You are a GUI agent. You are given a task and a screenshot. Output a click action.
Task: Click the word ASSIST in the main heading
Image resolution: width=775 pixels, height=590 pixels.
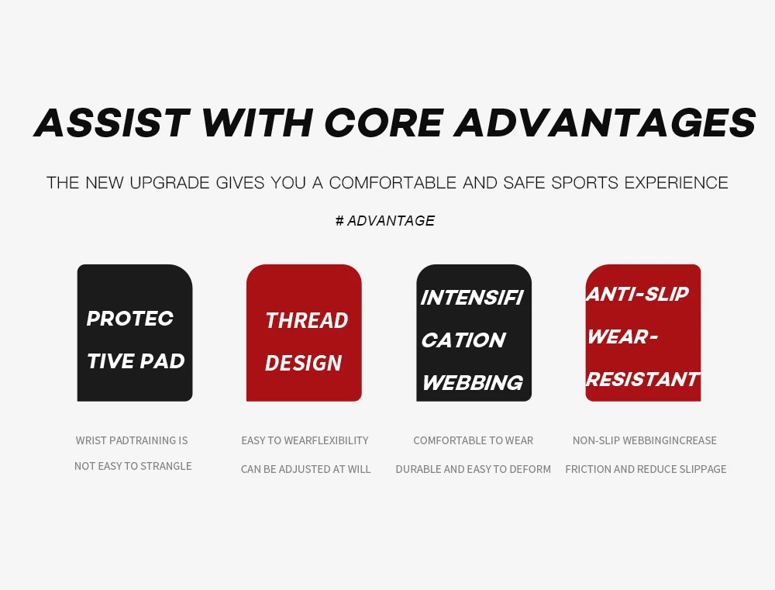pos(112,122)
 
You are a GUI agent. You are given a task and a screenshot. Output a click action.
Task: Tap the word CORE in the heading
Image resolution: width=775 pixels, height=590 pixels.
pos(384,122)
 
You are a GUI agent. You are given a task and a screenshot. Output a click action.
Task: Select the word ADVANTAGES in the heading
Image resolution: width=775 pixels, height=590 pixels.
pos(605,122)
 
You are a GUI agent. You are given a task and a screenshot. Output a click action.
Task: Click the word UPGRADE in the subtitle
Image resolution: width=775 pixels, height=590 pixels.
pos(170,183)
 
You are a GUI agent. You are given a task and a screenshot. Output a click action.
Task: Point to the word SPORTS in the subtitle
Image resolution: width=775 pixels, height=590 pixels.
pos(584,183)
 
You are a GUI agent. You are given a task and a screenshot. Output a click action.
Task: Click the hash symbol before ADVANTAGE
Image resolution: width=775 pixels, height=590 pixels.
pos(339,220)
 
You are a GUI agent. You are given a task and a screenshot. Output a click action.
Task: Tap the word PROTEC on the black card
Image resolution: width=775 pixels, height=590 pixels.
pos(130,319)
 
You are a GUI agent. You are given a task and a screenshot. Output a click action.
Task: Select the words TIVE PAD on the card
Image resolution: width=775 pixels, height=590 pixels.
pos(136,361)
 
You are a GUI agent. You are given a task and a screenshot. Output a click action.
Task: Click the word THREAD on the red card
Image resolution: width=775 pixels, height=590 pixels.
pos(307,320)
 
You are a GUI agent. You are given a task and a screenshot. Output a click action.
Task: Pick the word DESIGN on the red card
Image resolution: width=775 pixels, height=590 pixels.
pos(304,363)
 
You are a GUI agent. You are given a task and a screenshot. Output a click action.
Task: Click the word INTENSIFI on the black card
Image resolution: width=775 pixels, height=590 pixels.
pos(472,298)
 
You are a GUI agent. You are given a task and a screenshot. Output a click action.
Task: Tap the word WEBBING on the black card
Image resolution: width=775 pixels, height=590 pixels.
pos(473,383)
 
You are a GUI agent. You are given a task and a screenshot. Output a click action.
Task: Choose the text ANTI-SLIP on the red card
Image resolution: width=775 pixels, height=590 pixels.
pos(637,295)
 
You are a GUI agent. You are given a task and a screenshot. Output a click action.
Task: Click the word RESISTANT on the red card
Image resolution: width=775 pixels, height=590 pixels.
pos(642,379)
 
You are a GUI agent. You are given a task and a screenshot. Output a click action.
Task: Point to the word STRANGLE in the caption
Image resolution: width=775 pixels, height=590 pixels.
pos(166,466)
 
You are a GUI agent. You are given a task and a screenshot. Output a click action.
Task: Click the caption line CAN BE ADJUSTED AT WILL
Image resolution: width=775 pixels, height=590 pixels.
pos(305,469)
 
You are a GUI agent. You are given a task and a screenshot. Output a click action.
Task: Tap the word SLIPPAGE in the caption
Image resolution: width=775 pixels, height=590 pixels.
pos(704,469)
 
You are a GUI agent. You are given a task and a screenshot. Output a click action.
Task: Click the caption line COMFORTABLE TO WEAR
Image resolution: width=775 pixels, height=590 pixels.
pos(473,440)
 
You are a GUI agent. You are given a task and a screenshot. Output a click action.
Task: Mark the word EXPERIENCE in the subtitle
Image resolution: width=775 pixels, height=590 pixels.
pos(676,183)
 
